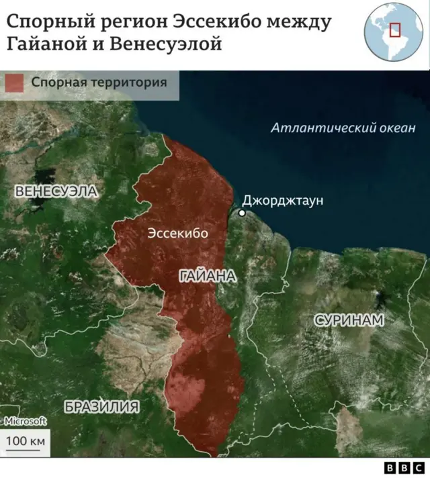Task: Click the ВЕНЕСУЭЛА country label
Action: point(56,191)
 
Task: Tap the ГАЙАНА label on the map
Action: point(208,276)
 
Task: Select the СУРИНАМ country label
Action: point(349,320)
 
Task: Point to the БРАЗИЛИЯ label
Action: point(102,405)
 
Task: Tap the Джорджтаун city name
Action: point(282,201)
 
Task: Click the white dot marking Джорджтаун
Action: point(243,213)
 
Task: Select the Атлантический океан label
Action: point(343,128)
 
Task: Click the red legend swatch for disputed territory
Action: point(14,83)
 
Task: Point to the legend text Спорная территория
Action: point(99,83)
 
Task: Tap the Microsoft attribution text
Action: point(26,421)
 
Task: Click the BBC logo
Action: point(404,467)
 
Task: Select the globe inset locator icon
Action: point(392,32)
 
